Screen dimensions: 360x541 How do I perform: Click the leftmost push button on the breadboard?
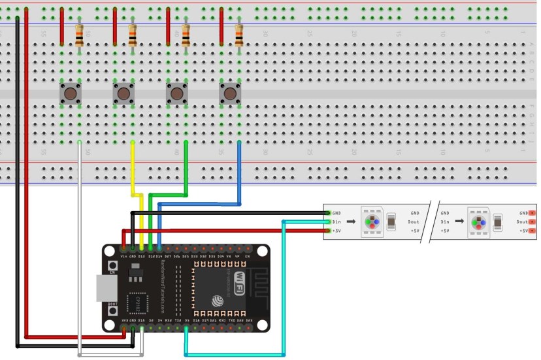(71, 94)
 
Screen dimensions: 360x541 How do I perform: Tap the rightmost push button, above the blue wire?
(230, 94)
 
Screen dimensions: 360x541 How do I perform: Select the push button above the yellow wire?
(123, 94)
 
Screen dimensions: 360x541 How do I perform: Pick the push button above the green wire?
(176, 94)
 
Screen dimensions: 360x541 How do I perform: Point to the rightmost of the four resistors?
(239, 36)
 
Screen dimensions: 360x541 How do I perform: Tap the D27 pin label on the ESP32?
(168, 257)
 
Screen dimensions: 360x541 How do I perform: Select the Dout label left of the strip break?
(415, 221)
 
